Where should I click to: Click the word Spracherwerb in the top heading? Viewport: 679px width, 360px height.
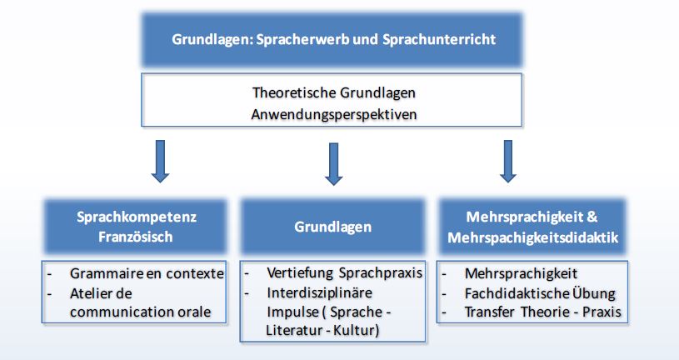(302, 40)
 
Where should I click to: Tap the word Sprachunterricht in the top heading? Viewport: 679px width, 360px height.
(439, 39)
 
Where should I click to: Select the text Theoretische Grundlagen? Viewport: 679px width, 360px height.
(334, 92)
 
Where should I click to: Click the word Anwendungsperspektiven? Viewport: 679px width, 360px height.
(334, 115)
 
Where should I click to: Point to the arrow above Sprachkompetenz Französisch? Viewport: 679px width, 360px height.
(160, 161)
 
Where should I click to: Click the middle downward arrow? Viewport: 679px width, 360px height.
(333, 164)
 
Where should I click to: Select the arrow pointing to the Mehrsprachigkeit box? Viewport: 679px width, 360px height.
(508, 161)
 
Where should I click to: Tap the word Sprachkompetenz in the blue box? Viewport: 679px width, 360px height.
(137, 217)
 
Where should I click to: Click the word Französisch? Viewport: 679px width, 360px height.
(136, 237)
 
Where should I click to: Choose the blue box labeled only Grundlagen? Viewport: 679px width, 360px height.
(332, 226)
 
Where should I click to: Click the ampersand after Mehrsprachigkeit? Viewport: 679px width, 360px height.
(592, 217)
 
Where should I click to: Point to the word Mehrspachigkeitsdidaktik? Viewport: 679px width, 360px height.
(533, 237)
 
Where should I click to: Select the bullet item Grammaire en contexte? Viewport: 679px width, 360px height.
(147, 274)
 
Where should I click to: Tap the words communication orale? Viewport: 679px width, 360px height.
(140, 312)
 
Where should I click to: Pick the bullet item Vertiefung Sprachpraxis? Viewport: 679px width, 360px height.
(344, 273)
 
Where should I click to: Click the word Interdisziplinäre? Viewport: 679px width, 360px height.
(320, 292)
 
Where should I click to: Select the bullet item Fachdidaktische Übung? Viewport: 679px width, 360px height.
(540, 293)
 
